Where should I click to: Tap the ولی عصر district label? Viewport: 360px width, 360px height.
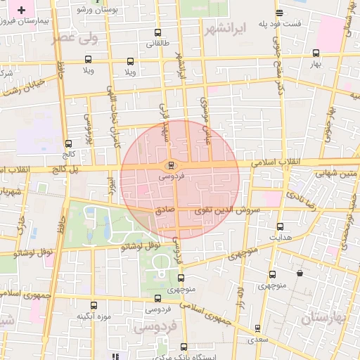click(x=74, y=38)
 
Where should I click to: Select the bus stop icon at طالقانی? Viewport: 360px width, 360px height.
click(x=157, y=33)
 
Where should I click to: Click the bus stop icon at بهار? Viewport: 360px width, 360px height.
click(x=316, y=53)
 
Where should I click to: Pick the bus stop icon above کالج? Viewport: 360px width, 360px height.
click(x=68, y=143)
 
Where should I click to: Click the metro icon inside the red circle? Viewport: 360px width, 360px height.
click(x=171, y=166)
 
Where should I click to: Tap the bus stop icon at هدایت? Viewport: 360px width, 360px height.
click(x=281, y=226)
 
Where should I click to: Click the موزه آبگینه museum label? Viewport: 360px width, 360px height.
click(x=94, y=317)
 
